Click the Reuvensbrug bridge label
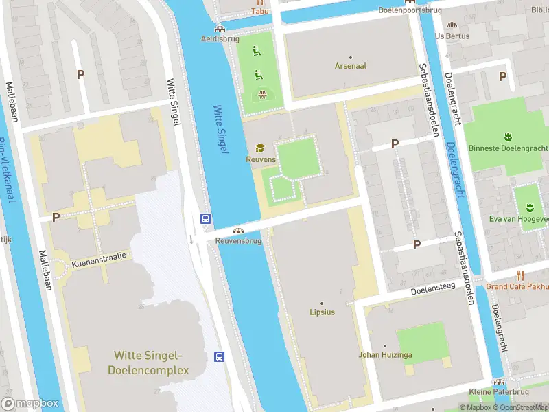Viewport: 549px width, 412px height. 239,241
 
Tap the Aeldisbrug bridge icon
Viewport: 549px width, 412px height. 219,28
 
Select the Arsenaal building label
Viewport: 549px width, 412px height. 350,66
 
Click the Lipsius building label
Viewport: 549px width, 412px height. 321,312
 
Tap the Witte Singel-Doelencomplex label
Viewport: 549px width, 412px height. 148,363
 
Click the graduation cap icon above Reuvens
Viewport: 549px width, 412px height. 260,148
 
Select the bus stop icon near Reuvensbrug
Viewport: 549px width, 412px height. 205,218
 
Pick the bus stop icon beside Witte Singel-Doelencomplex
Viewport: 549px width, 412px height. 220,356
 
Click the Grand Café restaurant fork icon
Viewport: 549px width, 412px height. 520,275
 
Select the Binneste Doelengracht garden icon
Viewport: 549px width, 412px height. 509,135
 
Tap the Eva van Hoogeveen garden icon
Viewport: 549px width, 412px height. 529,207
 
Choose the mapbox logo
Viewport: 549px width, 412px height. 30,403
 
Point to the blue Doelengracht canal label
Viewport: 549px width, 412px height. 455,169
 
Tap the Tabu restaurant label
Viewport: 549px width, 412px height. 259,11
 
